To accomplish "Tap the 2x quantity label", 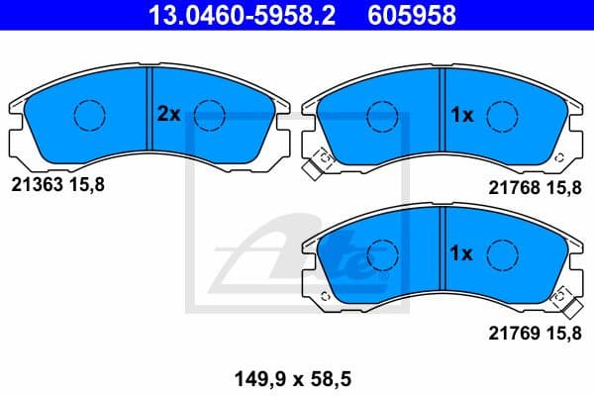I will (x=168, y=114).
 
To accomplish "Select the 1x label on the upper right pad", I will (x=463, y=115).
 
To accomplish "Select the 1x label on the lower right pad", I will (x=463, y=253).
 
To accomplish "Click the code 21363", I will (x=34, y=185).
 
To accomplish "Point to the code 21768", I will (x=512, y=185).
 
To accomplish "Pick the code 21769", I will (x=512, y=334).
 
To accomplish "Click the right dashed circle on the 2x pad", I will (x=210, y=115).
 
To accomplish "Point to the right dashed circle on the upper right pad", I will (x=504, y=115).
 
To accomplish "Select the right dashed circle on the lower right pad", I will (x=502, y=254).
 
